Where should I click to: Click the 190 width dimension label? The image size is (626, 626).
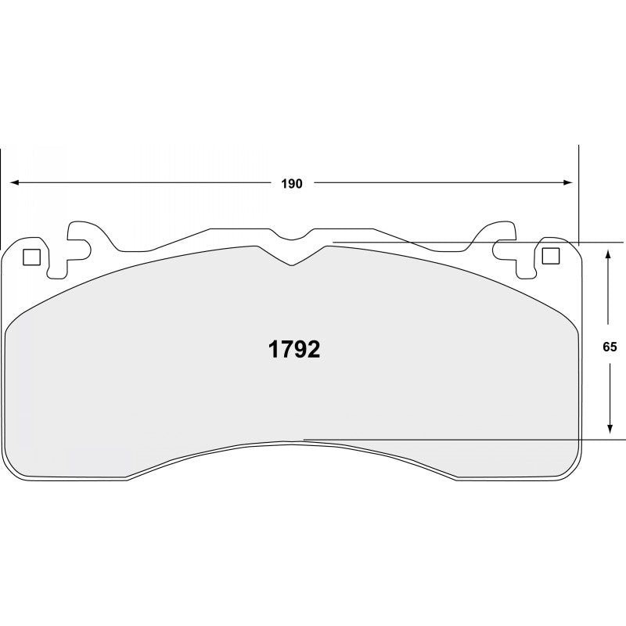292,184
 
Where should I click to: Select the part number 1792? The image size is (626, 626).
294,350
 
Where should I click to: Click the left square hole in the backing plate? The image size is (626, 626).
32,256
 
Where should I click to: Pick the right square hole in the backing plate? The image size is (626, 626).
551,255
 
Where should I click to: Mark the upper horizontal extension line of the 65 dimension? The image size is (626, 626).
469,243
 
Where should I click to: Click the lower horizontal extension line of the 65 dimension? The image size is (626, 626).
469,441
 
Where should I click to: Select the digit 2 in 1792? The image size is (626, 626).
313,350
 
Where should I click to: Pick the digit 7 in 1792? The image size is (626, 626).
287,350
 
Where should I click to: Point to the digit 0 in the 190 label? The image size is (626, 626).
298,184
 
